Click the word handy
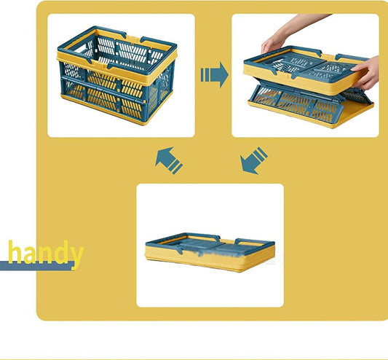click(x=46, y=253)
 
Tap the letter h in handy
click(x=15, y=251)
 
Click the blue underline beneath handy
click(x=37, y=265)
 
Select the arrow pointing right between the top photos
click(x=214, y=74)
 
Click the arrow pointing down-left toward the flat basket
click(x=253, y=160)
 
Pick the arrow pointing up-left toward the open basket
click(x=169, y=160)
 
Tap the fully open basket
click(x=117, y=76)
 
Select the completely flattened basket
click(x=210, y=252)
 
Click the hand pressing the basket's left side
click(x=274, y=43)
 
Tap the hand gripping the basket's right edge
click(x=366, y=74)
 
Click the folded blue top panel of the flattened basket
click(x=210, y=246)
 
